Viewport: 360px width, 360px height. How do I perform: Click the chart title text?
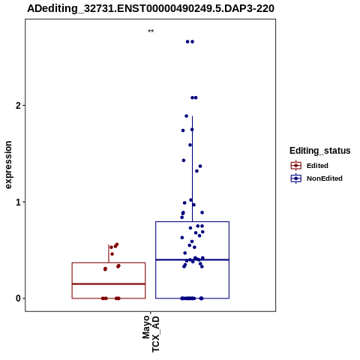click(x=151, y=8)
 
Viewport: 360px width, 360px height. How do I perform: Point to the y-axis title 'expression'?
click(x=8, y=165)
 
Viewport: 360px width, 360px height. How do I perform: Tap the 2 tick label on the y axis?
click(x=18, y=106)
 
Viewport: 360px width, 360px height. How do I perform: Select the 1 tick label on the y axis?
click(x=18, y=202)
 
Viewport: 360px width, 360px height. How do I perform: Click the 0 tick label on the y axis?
click(x=18, y=298)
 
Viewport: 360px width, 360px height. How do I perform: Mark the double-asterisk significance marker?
click(x=151, y=31)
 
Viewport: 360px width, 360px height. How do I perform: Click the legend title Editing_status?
click(x=319, y=151)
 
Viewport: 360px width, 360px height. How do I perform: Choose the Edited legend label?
click(x=317, y=166)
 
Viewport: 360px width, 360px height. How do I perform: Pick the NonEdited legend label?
click(x=325, y=178)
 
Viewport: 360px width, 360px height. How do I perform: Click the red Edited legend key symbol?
click(x=296, y=166)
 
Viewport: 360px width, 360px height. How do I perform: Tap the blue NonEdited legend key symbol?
click(x=296, y=178)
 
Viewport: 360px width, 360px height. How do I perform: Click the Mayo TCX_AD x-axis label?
click(x=151, y=334)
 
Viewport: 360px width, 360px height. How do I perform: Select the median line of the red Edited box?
click(x=109, y=284)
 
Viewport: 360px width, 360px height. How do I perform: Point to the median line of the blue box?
click(x=192, y=259)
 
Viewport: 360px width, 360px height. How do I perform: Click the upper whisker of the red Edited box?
click(x=109, y=253)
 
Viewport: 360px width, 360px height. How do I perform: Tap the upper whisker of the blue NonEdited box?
click(x=192, y=169)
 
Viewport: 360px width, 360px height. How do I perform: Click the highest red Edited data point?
click(x=116, y=244)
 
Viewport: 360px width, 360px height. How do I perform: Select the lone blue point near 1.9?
click(x=186, y=116)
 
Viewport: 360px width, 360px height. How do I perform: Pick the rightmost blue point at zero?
click(x=202, y=298)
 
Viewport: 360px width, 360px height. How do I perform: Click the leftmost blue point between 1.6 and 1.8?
click(x=183, y=130)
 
